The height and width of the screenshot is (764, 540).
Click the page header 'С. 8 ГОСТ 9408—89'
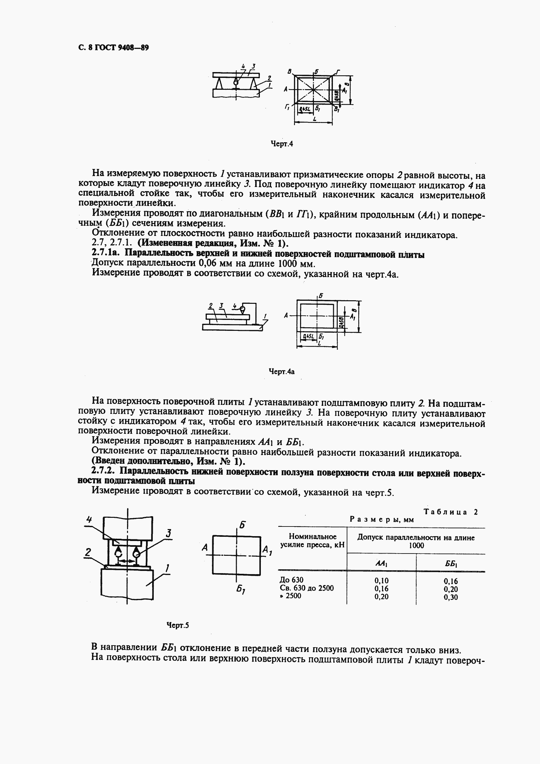[x=114, y=48]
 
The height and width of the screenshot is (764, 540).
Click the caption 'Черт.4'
[x=281, y=144]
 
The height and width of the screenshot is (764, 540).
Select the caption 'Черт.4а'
[x=281, y=371]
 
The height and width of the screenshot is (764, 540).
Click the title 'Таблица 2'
[x=451, y=512]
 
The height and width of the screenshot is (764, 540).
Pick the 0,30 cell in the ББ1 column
[x=451, y=597]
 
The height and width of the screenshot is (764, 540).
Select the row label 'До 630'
[x=291, y=580]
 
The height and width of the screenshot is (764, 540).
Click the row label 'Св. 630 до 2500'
[x=307, y=588]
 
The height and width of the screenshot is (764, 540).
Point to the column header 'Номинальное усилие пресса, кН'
[x=312, y=540]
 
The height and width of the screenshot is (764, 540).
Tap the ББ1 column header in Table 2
[x=451, y=564]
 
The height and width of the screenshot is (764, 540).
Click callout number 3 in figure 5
[x=169, y=533]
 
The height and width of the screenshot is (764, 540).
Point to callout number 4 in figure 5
[x=89, y=519]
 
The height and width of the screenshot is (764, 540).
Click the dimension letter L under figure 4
[x=315, y=118]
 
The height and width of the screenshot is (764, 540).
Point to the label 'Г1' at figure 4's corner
[x=287, y=107]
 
